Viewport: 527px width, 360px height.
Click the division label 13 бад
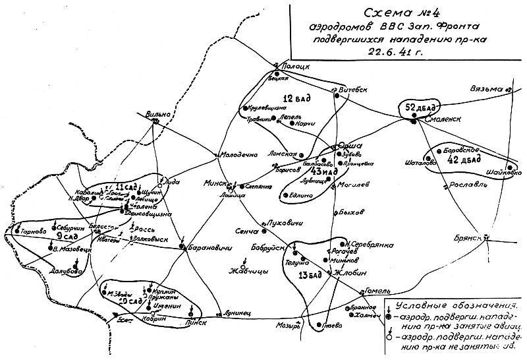tap(312, 274)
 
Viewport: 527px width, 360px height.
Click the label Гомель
tap(374, 291)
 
